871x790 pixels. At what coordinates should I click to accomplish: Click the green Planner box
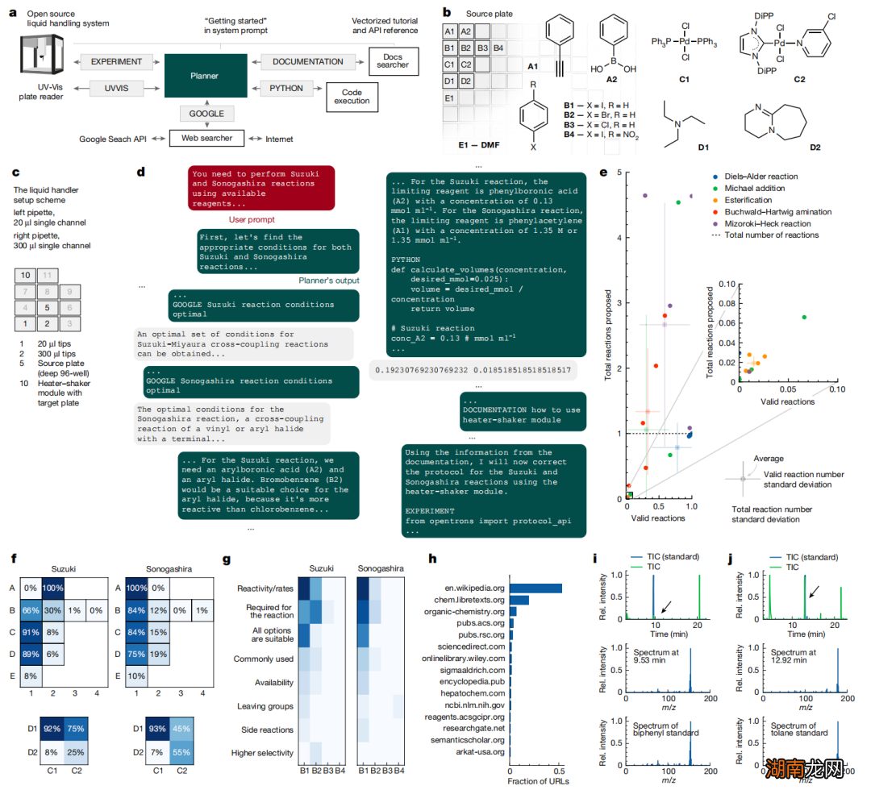[205, 76]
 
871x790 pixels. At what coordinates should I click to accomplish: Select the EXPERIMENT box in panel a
[116, 61]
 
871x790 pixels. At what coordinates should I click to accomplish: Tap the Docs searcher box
[393, 60]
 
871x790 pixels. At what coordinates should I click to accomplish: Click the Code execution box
[352, 97]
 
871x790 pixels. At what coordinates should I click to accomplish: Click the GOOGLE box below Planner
[207, 114]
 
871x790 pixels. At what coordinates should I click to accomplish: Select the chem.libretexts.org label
[469, 600]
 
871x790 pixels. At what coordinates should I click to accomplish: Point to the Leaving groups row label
[266, 706]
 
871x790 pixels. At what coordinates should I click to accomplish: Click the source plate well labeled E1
[451, 98]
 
